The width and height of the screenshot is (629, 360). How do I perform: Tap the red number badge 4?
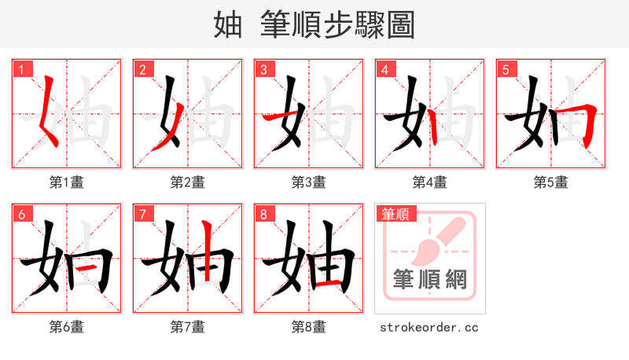(385, 69)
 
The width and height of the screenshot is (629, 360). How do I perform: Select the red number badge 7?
(143, 214)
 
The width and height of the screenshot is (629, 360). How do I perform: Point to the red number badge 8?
(264, 214)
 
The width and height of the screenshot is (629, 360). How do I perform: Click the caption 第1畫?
(66, 182)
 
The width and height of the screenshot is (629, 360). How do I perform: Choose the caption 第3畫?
(308, 182)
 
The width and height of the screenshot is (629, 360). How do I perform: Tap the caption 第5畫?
(550, 182)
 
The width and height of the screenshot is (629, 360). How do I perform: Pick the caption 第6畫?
(66, 327)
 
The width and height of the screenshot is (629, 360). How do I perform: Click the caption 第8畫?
(308, 327)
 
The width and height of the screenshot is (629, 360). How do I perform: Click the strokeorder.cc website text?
(429, 327)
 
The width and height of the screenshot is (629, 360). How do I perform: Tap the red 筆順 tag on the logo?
(396, 214)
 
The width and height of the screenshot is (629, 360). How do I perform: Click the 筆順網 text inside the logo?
(429, 279)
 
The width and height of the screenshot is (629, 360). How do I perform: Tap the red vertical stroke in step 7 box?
(207, 252)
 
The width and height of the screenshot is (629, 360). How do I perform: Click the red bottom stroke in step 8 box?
(330, 284)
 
